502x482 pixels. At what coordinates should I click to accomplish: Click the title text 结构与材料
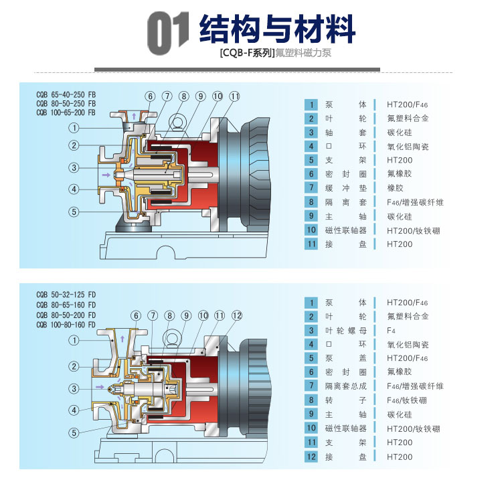(277, 29)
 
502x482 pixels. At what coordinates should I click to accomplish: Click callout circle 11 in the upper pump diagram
(234, 96)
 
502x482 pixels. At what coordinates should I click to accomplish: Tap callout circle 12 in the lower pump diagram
(236, 315)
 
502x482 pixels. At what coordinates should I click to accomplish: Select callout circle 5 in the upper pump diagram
(74, 212)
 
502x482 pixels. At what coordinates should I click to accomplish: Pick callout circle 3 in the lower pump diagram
(74, 388)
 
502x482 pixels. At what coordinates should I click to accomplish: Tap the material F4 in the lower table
(392, 330)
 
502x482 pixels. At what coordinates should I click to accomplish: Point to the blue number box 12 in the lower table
(311, 457)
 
